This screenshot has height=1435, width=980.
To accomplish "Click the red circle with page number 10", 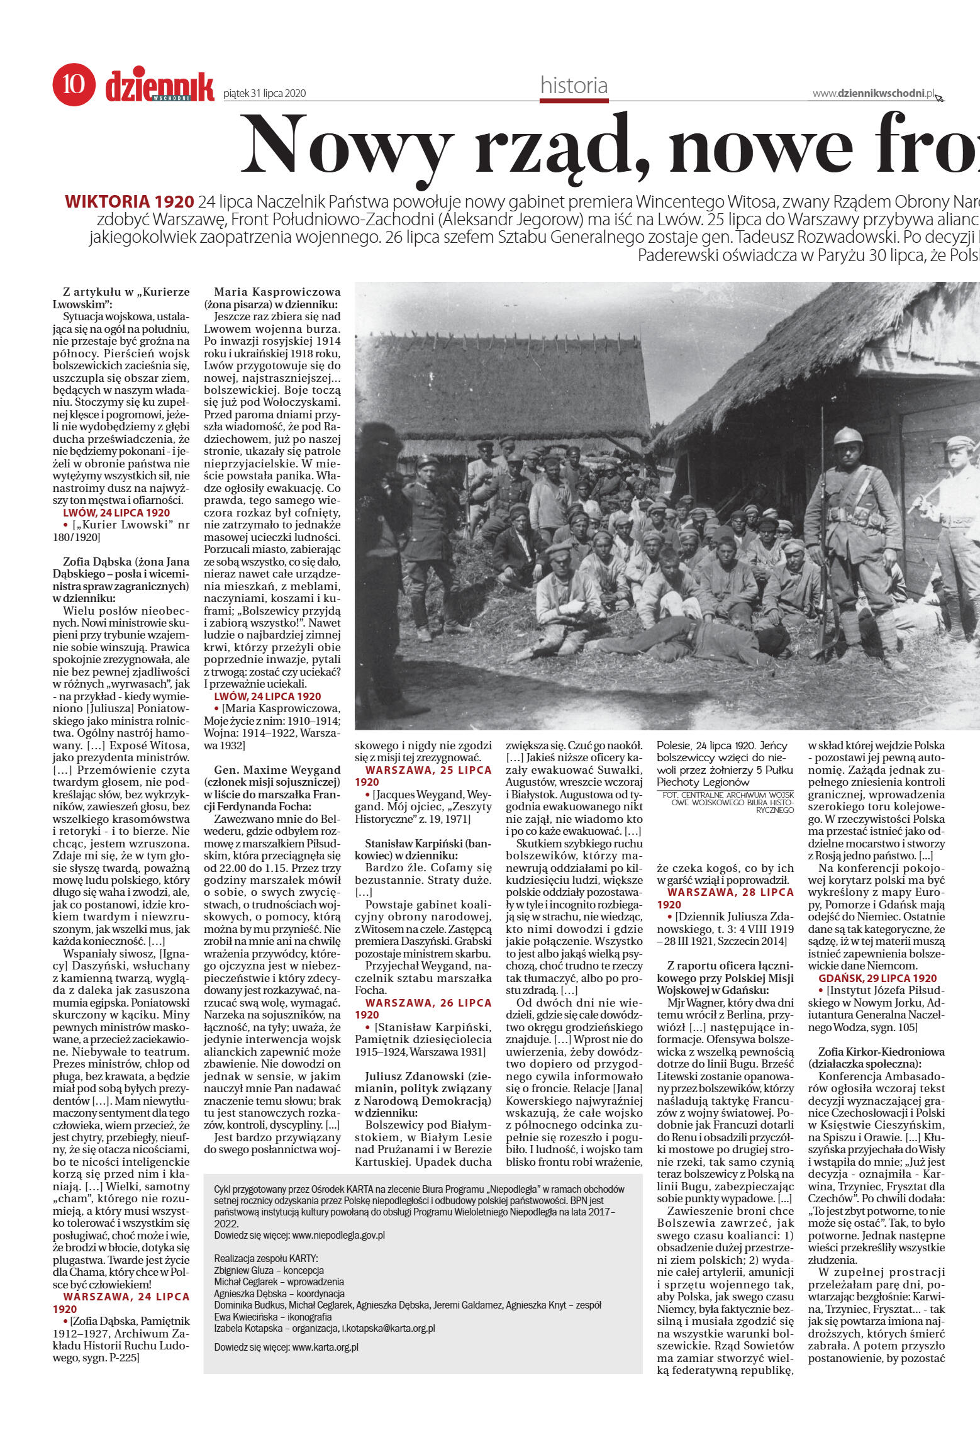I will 74,84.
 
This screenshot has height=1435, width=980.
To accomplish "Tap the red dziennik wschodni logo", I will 160,87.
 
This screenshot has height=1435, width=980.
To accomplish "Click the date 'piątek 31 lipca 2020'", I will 265,94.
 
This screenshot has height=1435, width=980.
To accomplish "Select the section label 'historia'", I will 574,86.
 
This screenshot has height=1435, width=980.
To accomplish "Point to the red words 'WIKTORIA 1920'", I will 129,202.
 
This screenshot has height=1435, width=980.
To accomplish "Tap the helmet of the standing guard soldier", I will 847,435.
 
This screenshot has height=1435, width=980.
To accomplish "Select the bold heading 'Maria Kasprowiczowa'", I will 277,291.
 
